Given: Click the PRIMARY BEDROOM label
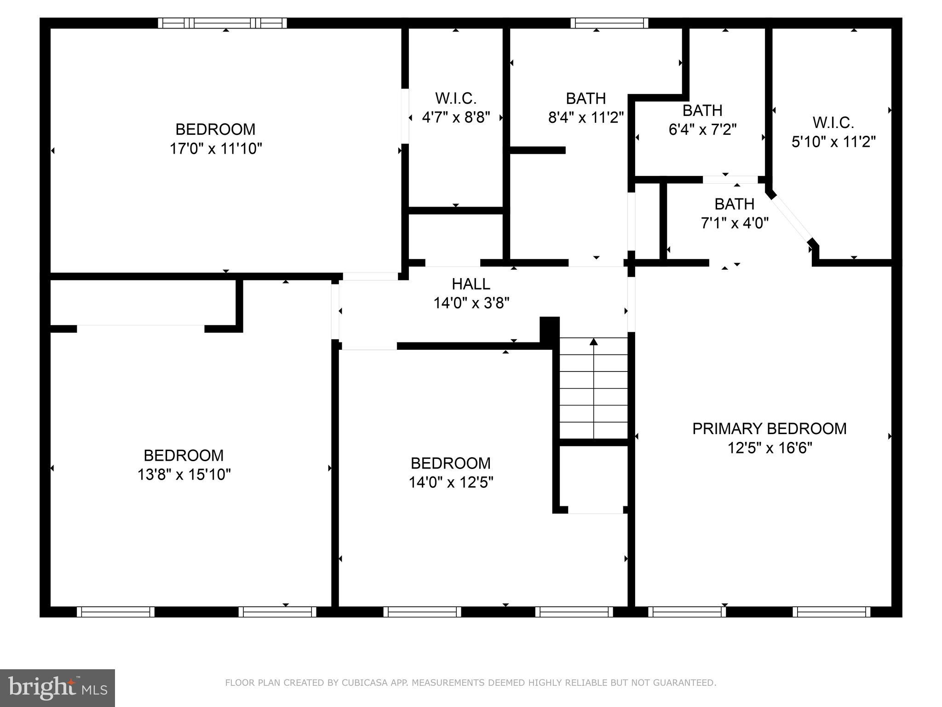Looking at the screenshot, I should coord(769,429).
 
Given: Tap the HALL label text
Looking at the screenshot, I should coord(471,284).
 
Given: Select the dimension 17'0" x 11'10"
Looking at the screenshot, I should coord(216,149).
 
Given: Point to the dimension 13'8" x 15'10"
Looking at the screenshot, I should coord(184,475).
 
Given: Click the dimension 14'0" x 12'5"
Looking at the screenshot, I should coord(451,482).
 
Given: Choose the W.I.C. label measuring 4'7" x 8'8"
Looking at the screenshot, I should coord(455,98).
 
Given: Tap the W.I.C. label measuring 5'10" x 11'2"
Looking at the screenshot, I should coord(833,122).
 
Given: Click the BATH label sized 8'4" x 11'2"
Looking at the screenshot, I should coord(586,98).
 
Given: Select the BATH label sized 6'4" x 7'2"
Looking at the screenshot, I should coord(702,110).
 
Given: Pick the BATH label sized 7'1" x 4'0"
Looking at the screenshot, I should coord(734,203).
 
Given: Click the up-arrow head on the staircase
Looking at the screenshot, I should coord(594,342).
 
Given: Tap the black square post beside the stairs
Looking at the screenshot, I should coord(549,328).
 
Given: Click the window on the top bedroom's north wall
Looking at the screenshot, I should coord(223,23).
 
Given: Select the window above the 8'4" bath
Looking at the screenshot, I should coord(609,23).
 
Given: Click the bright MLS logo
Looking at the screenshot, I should coord(57,688).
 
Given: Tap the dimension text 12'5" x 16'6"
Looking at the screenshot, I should coord(770,448).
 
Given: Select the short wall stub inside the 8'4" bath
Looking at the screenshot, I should coord(537,150).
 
